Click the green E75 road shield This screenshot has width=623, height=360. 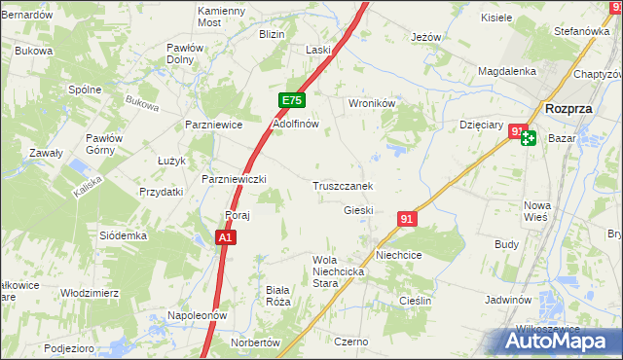[292, 100]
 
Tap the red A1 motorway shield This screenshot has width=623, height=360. [225, 237]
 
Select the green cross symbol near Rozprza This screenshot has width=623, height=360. [528, 138]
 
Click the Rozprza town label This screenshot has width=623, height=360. [570, 109]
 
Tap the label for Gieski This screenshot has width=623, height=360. [358, 210]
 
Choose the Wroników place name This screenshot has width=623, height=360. [369, 102]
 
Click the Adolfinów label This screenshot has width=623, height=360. [296, 125]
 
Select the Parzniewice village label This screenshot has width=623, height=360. [213, 125]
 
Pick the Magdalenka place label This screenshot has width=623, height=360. [507, 71]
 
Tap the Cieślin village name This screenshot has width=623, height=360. [416, 301]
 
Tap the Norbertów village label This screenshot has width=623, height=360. [255, 343]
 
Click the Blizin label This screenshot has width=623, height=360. [272, 34]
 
